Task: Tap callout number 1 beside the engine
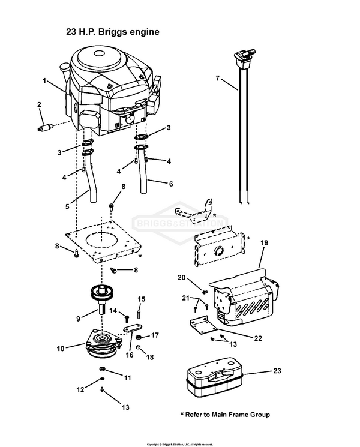44,80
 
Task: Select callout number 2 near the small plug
40,105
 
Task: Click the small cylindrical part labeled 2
46,127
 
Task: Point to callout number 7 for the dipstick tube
218,77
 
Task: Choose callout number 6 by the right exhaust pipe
170,184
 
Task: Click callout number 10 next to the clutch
61,347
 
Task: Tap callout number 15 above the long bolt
142,299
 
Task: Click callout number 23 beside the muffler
277,371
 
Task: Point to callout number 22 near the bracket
258,338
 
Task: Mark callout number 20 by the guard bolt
182,277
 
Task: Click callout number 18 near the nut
151,358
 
